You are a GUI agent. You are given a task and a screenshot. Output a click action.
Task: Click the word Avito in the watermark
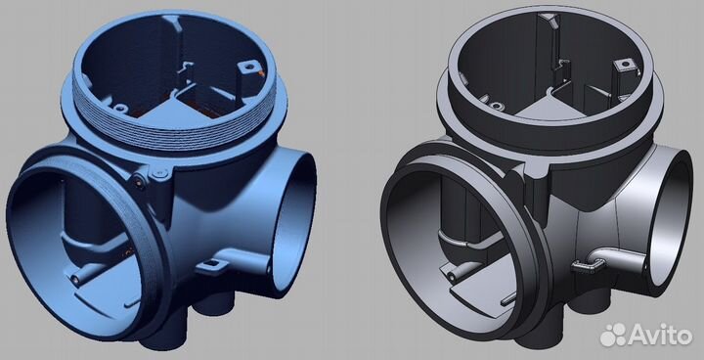tap(660, 336)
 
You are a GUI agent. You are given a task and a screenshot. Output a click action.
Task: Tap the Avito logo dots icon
tap(613, 336)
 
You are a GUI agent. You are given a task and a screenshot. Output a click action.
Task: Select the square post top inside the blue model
tap(246, 67)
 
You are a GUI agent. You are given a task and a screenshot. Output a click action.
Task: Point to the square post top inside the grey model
tap(623, 65)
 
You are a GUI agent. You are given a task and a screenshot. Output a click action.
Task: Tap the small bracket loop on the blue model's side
tap(210, 266)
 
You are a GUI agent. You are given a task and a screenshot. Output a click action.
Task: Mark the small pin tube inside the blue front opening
tap(81, 275)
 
